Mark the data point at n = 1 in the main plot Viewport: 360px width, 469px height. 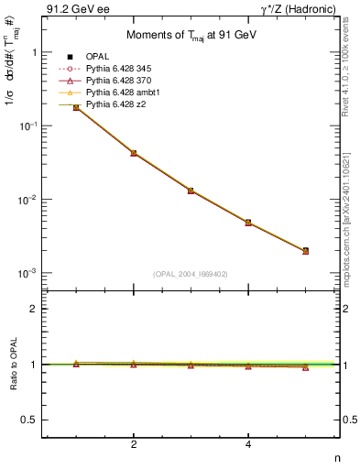[x=76, y=107]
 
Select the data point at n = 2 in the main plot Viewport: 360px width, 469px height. [x=134, y=153]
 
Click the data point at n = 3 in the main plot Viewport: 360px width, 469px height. [x=191, y=191]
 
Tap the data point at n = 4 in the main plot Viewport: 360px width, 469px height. [x=248, y=223]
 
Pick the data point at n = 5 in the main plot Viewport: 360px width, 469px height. [x=305, y=250]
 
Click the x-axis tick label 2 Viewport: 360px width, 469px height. [x=134, y=445]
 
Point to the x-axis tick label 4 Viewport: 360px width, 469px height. [x=248, y=445]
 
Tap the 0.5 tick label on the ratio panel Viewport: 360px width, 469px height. [x=29, y=420]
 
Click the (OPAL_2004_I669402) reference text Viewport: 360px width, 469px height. [x=191, y=274]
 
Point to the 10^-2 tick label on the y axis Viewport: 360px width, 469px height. [x=26, y=200]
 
